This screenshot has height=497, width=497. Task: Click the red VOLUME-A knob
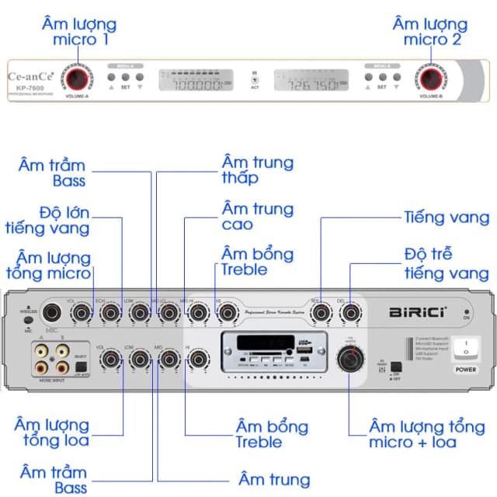[77, 79]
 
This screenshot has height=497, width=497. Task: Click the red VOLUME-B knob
[430, 78]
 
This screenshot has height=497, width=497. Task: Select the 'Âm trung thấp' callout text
[257, 170]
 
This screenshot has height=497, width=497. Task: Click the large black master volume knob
[350, 359]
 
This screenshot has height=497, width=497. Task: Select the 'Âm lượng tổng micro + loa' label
[427, 434]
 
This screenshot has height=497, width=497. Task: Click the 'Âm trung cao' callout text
[257, 217]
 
